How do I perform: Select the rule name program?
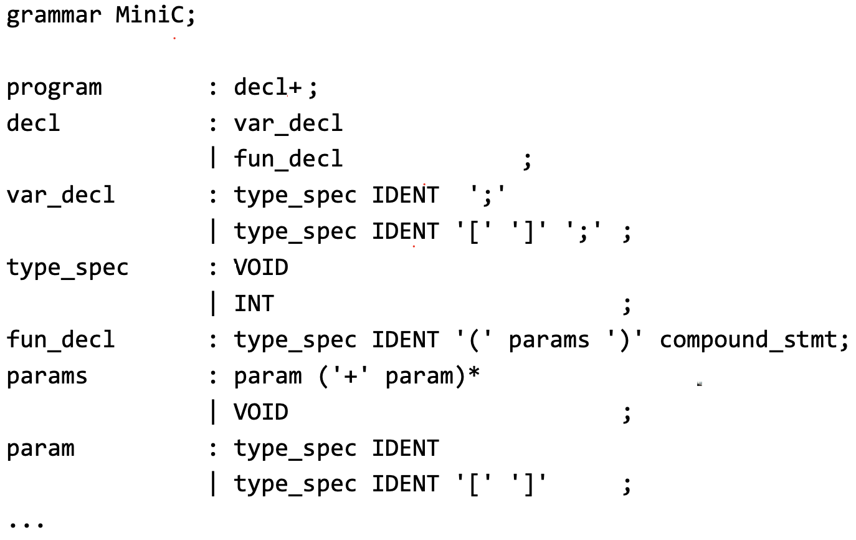[x=54, y=88]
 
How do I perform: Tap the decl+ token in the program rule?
[x=268, y=88]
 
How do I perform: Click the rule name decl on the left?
[x=33, y=123]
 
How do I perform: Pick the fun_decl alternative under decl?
[x=288, y=159]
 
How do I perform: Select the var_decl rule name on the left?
[x=60, y=195]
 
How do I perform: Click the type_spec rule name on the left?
[x=67, y=268]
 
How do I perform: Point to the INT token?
[x=254, y=304]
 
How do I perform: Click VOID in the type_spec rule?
[x=261, y=268]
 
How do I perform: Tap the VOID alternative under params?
[x=261, y=412]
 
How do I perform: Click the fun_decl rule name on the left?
[x=60, y=340]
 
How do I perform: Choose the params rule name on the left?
[x=47, y=376]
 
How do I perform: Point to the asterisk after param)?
[x=474, y=375]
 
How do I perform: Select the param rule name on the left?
[x=40, y=448]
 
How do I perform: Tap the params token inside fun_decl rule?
[x=549, y=340]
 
